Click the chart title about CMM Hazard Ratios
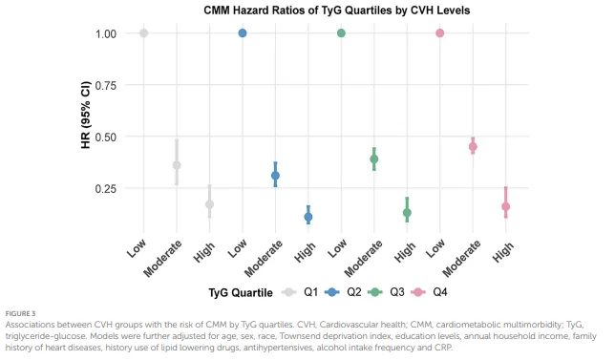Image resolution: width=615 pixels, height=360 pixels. [x=336, y=11]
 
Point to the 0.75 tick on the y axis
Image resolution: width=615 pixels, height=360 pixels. [x=106, y=86]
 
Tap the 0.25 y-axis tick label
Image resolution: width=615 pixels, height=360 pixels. [x=106, y=189]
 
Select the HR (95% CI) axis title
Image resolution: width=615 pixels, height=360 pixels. [x=86, y=115]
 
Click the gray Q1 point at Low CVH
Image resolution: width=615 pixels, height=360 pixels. [x=144, y=33]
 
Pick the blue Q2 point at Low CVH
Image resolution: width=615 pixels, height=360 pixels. [x=243, y=33]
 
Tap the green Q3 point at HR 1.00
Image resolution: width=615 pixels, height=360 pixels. [x=341, y=33]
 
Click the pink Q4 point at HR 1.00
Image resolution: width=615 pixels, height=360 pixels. [x=440, y=33]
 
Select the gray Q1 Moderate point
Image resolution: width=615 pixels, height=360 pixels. [x=177, y=165]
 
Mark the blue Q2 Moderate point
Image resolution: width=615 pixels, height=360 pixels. [x=275, y=176]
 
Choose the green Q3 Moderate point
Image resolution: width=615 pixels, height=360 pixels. [x=374, y=159]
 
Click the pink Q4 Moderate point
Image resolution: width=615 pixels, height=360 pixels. [x=473, y=147]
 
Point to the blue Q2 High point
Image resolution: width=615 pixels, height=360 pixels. [x=308, y=217]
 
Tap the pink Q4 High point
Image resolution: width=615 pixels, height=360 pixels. [x=506, y=206]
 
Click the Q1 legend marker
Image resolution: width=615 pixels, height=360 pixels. [x=289, y=292]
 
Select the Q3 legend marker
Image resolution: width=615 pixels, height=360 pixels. [x=375, y=292]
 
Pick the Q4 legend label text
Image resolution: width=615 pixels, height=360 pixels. [x=440, y=292]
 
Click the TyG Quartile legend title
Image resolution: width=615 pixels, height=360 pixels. [x=241, y=293]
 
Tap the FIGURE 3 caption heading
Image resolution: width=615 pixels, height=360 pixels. [x=20, y=314]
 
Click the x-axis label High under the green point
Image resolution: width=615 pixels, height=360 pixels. [x=405, y=252]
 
